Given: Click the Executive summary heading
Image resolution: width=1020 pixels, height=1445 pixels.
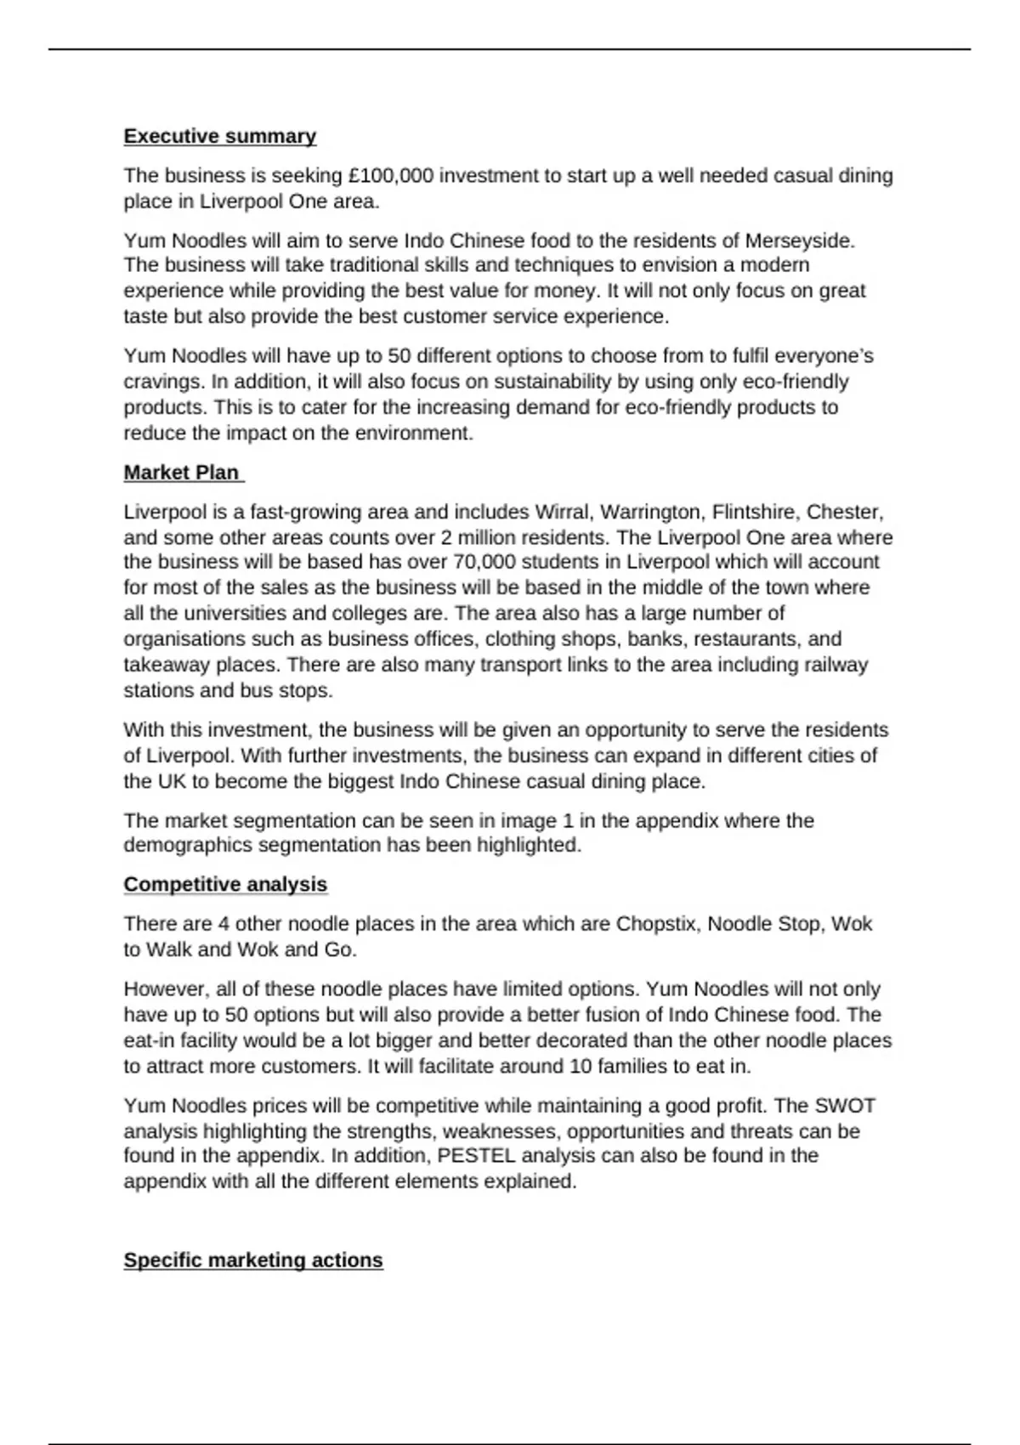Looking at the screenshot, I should coord(219,136).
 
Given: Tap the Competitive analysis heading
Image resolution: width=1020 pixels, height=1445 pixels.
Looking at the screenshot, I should coord(225,885).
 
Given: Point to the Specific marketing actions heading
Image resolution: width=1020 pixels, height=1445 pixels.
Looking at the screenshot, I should coord(253,1260).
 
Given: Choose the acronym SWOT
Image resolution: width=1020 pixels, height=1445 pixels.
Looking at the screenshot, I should coord(844,1106).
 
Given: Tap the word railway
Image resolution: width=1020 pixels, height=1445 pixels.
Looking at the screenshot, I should coord(836,665).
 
